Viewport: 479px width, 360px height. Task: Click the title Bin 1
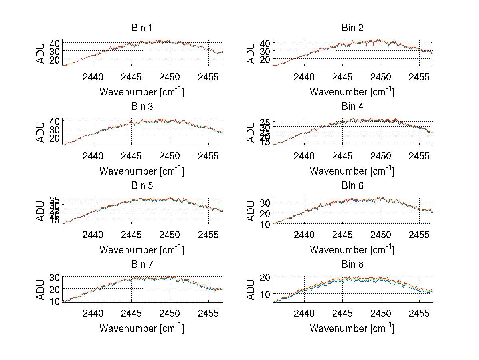(142, 28)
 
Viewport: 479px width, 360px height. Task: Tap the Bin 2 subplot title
(352, 28)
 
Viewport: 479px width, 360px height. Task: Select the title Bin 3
(142, 107)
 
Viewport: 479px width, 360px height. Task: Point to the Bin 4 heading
(352, 107)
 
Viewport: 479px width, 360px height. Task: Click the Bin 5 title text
(142, 186)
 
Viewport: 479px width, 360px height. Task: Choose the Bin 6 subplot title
(352, 186)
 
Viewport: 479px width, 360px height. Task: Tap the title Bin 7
(142, 265)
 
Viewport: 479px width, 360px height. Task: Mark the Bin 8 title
(352, 265)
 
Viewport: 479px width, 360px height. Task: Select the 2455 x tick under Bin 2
(419, 77)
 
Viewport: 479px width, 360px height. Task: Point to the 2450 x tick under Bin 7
(170, 314)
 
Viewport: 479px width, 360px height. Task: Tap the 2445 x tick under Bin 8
(342, 314)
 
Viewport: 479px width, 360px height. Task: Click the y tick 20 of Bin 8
(265, 277)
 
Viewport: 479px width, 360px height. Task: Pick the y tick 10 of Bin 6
(265, 225)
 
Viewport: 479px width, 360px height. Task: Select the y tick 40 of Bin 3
(55, 121)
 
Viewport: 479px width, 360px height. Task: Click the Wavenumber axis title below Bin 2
(352, 92)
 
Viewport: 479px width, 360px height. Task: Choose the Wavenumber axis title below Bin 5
(142, 250)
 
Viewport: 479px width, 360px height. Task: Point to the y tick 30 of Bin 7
(55, 277)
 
